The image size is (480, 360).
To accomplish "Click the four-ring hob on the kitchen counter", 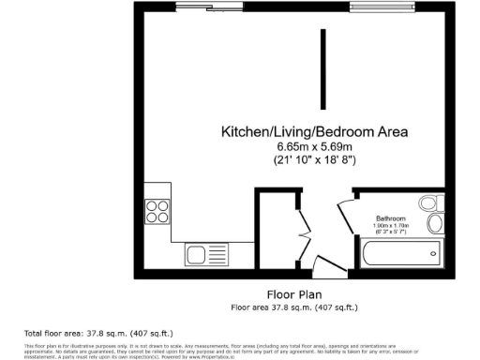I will pos(157,213).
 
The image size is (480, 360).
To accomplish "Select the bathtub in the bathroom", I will pos(400,252).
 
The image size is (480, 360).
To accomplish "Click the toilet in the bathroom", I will pos(430,202).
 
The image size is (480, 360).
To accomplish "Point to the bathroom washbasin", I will pos(434,223).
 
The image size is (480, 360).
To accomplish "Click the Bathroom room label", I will pos(392,217).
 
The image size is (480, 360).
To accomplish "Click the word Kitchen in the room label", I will pos(242,132).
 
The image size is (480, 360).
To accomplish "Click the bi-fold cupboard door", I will pos(303,233).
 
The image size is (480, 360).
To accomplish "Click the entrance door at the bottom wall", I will pos(329,266).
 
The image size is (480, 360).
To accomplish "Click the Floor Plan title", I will pos(294,293).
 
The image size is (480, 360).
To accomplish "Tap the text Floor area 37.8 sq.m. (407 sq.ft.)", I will pos(294,307).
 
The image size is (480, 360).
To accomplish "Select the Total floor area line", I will pos(97,334).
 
